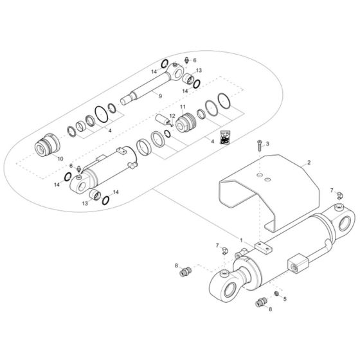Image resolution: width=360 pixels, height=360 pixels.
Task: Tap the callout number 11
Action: (x=183, y=106)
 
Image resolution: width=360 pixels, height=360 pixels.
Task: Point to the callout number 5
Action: (x=285, y=298)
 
